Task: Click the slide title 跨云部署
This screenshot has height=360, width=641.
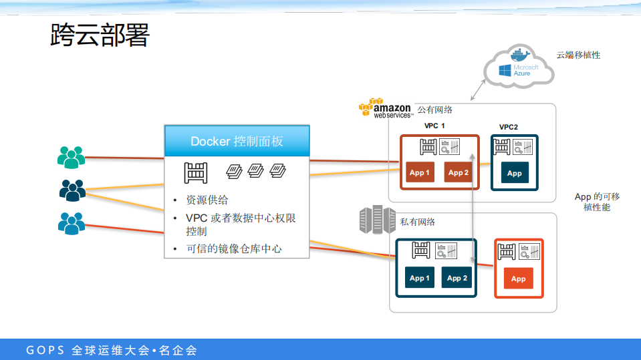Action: pyautogui.click(x=100, y=36)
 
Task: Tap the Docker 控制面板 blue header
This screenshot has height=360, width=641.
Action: pyautogui.click(x=237, y=141)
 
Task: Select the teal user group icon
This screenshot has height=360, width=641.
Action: pyautogui.click(x=71, y=157)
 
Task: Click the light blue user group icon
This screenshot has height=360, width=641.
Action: pyautogui.click(x=71, y=222)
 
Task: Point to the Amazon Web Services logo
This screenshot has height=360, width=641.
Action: pyautogui.click(x=385, y=109)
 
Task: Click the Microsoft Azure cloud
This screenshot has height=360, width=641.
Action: pyautogui.click(x=520, y=67)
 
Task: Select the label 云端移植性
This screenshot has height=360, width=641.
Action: pyautogui.click(x=578, y=55)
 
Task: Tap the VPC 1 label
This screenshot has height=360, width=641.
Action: pyautogui.click(x=434, y=126)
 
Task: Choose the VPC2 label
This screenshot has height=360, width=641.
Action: pyautogui.click(x=509, y=127)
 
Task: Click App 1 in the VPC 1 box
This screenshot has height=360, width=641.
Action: pyautogui.click(x=419, y=173)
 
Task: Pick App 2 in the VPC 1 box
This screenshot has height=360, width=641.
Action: pyautogui.click(x=458, y=173)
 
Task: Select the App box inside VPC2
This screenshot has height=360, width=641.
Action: pyautogui.click(x=514, y=173)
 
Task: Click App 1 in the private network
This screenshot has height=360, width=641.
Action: pyautogui.click(x=418, y=278)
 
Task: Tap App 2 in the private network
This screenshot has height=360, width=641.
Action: pyautogui.click(x=457, y=278)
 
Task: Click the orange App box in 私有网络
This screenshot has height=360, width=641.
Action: pyautogui.click(x=518, y=279)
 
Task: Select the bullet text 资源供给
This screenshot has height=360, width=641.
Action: pyautogui.click(x=207, y=200)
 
